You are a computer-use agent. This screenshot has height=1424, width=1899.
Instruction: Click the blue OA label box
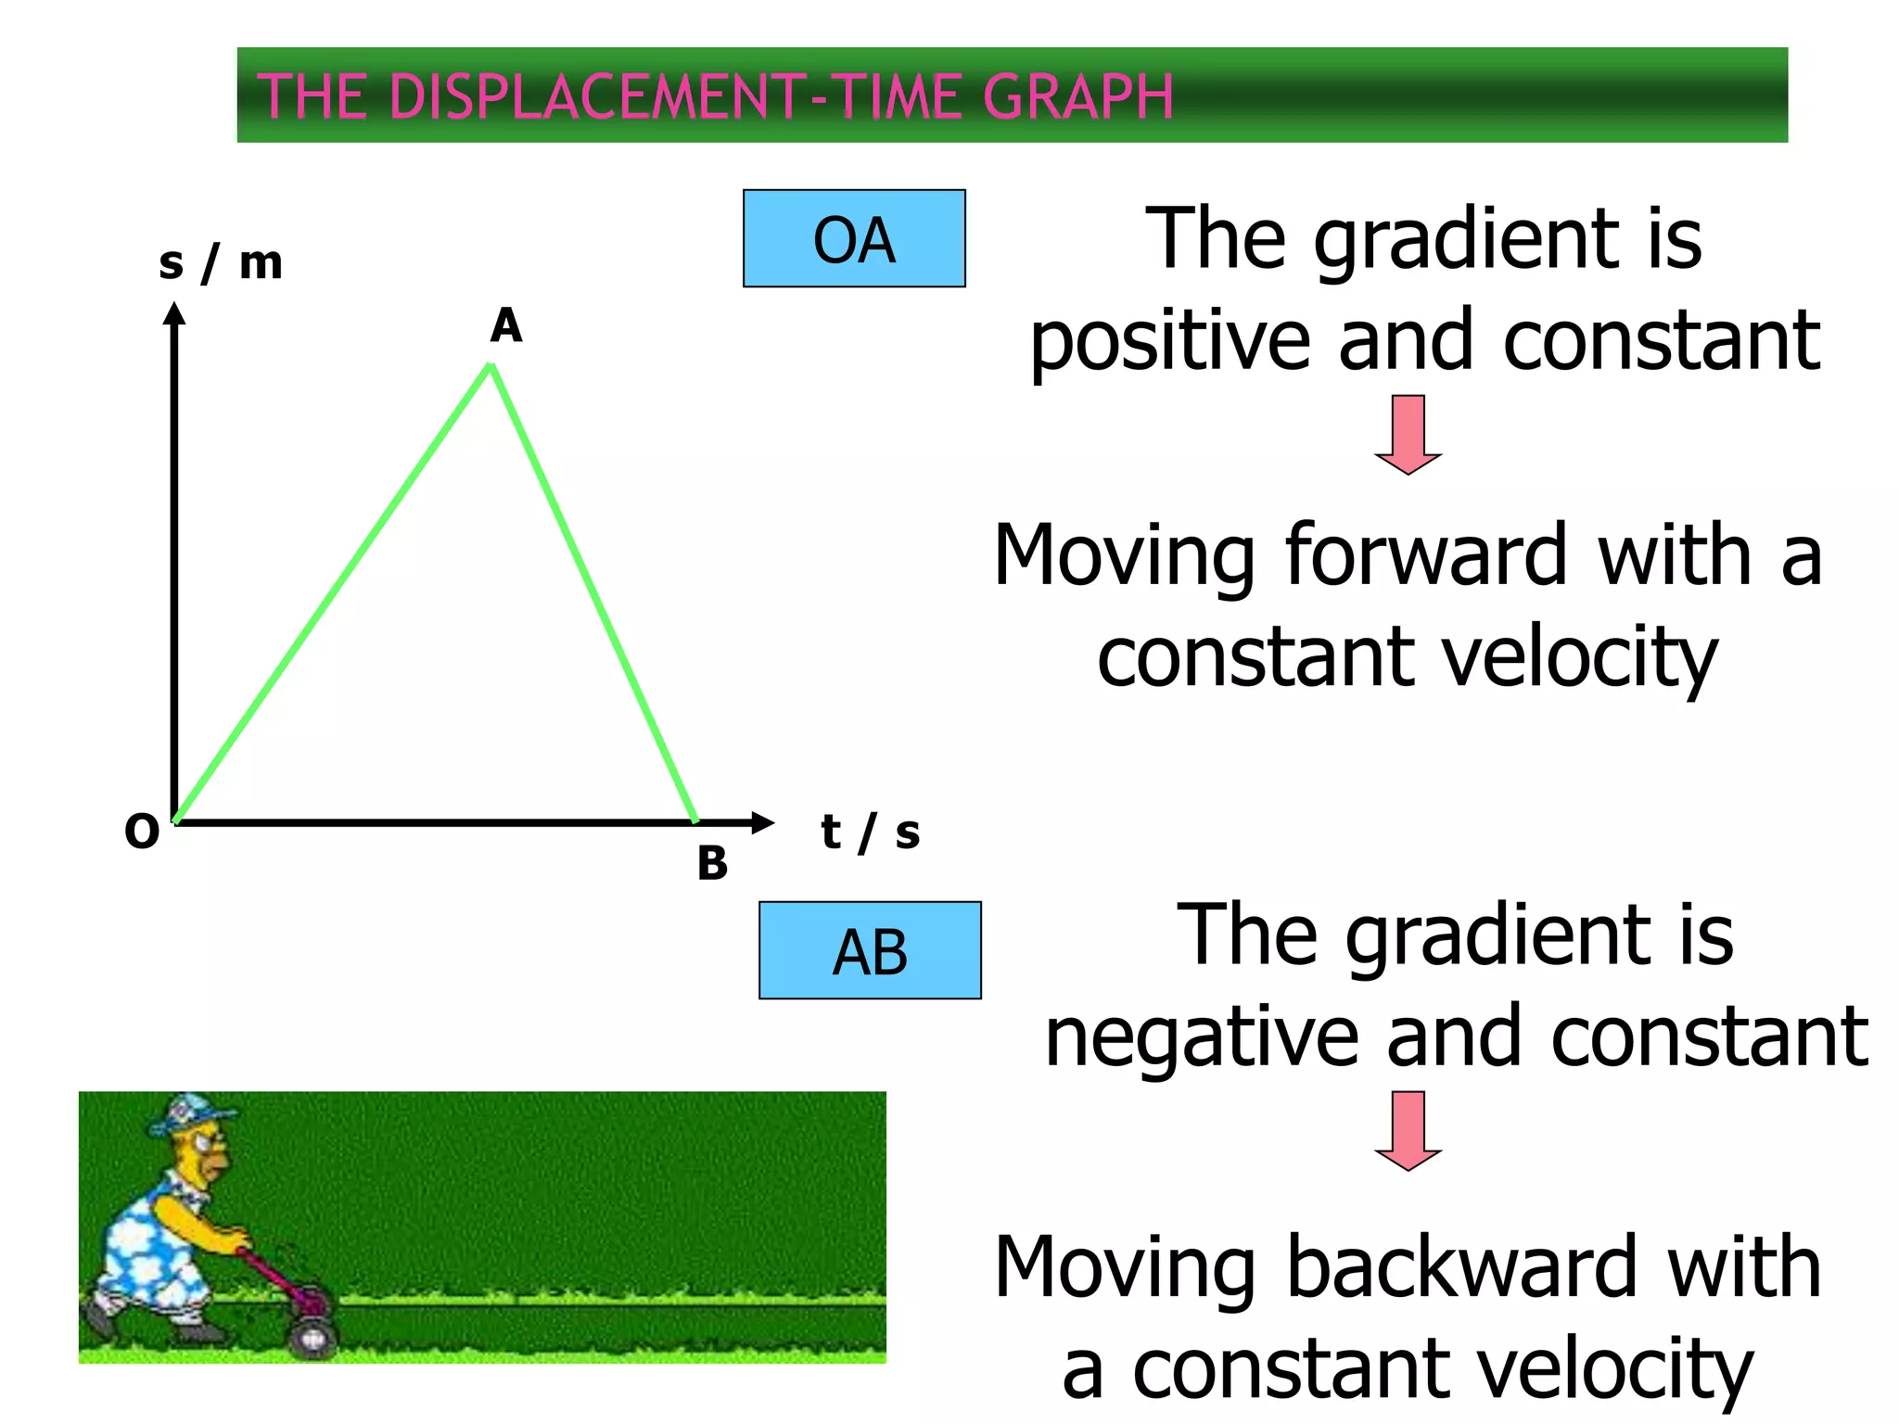click(x=854, y=239)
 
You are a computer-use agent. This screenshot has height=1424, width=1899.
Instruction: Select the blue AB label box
click(x=870, y=950)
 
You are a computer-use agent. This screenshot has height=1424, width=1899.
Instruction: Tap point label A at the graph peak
click(x=506, y=326)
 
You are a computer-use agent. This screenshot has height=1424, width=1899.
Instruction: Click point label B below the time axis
click(x=712, y=863)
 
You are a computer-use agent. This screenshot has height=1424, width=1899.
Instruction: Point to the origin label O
click(x=142, y=832)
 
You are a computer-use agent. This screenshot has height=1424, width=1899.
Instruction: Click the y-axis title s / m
click(x=221, y=263)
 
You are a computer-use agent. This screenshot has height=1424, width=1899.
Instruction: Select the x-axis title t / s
click(x=870, y=832)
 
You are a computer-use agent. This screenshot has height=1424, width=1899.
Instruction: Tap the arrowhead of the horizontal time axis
click(x=763, y=822)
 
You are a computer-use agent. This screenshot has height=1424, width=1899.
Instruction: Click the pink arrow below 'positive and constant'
click(x=1408, y=434)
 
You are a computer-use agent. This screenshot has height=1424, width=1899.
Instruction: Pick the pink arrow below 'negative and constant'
click(x=1408, y=1130)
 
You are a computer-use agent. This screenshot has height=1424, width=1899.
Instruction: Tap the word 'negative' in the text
click(x=1202, y=1038)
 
